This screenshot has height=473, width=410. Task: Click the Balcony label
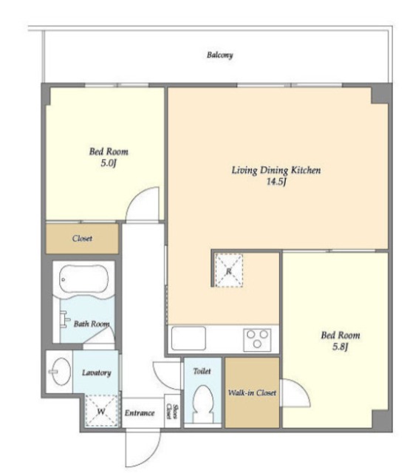pyautogui.click(x=219, y=55)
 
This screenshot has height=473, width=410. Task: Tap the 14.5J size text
pyautogui.click(x=276, y=182)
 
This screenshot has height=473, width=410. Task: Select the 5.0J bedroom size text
pyautogui.click(x=109, y=163)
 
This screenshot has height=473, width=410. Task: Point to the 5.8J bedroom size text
pyautogui.click(x=341, y=347)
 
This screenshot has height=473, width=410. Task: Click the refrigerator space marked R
pyautogui.click(x=229, y=270)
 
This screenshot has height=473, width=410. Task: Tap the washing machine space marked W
pyautogui.click(x=101, y=411)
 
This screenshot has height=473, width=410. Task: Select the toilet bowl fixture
pyautogui.click(x=202, y=404)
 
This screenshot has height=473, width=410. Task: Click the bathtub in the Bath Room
pyautogui.click(x=83, y=279)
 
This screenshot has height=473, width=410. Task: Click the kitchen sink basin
pyautogui.click(x=188, y=338)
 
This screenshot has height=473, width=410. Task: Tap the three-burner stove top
pyautogui.click(x=257, y=340)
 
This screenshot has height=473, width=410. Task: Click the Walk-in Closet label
pyautogui.click(x=252, y=392)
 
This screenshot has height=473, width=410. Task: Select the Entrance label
pyautogui.click(x=140, y=412)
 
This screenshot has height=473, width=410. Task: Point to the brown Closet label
pyautogui.click(x=82, y=238)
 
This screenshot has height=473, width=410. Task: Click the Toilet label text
pyautogui.click(x=202, y=371)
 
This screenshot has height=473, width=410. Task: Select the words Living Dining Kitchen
pyautogui.click(x=276, y=170)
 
